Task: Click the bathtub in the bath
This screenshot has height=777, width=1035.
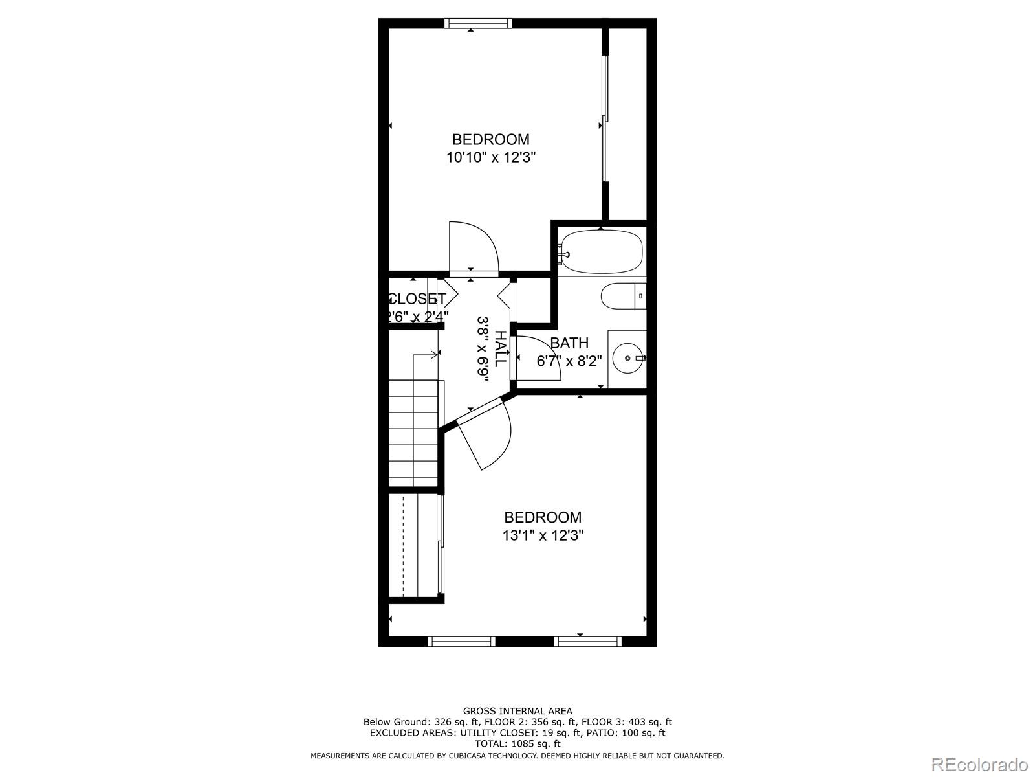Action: coord(602,251)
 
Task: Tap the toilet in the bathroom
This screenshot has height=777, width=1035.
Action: coord(623,297)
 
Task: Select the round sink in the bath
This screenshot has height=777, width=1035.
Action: coord(627,357)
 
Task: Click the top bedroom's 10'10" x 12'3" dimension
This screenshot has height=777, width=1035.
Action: coord(490,157)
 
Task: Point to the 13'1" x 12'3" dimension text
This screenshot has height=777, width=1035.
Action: coord(543,535)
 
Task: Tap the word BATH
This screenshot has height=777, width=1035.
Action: coord(569,343)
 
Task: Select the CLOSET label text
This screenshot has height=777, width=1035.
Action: coord(417,299)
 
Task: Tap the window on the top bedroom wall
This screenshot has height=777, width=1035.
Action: coord(478,23)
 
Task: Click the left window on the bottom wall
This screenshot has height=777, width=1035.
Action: coord(461,641)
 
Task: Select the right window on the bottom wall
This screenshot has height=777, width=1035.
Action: coord(587,641)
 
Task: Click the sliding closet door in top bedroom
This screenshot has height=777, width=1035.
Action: coord(605,120)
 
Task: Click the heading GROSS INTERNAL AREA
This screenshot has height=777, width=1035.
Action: coord(517,711)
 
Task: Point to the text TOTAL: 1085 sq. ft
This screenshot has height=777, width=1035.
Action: coord(517,744)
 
